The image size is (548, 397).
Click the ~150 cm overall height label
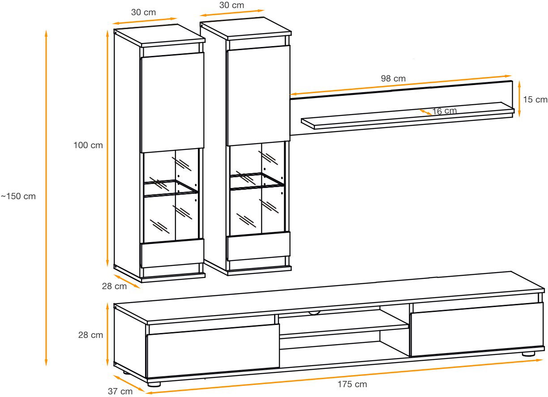(18, 196)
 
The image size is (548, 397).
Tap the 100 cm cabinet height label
(88, 145)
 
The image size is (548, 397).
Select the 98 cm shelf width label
(393, 78)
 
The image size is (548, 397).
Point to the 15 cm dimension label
(535, 99)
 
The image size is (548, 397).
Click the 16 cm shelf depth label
(444, 111)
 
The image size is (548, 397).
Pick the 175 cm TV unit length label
(352, 384)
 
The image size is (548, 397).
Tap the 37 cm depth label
(120, 391)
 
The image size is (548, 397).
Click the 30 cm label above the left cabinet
(143, 12)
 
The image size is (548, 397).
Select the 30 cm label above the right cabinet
(231, 5)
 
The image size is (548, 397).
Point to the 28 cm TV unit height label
(90, 335)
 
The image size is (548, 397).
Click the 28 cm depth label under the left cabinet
(114, 286)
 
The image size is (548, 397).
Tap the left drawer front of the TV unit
(213, 351)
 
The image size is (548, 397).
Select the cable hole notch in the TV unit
(314, 312)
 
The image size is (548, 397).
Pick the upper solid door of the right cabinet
(258, 95)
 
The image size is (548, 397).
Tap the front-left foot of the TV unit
(154, 384)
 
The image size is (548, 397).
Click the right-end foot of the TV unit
(528, 354)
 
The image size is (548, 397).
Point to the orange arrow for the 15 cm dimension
(519, 99)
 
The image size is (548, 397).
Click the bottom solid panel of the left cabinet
(172, 253)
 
